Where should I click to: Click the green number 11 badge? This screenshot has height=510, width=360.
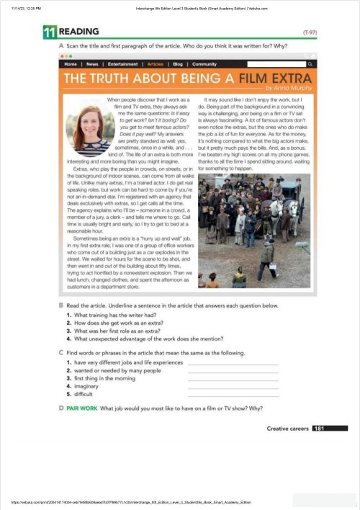[50, 32]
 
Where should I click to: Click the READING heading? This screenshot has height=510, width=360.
[74, 32]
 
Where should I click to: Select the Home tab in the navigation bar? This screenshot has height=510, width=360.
[71, 64]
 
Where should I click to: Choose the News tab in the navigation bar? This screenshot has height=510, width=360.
[92, 64]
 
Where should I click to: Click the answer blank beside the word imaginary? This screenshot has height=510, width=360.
[232, 387]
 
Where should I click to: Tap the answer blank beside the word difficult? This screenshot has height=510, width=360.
[232, 395]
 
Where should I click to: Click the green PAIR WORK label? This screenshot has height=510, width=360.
[82, 408]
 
